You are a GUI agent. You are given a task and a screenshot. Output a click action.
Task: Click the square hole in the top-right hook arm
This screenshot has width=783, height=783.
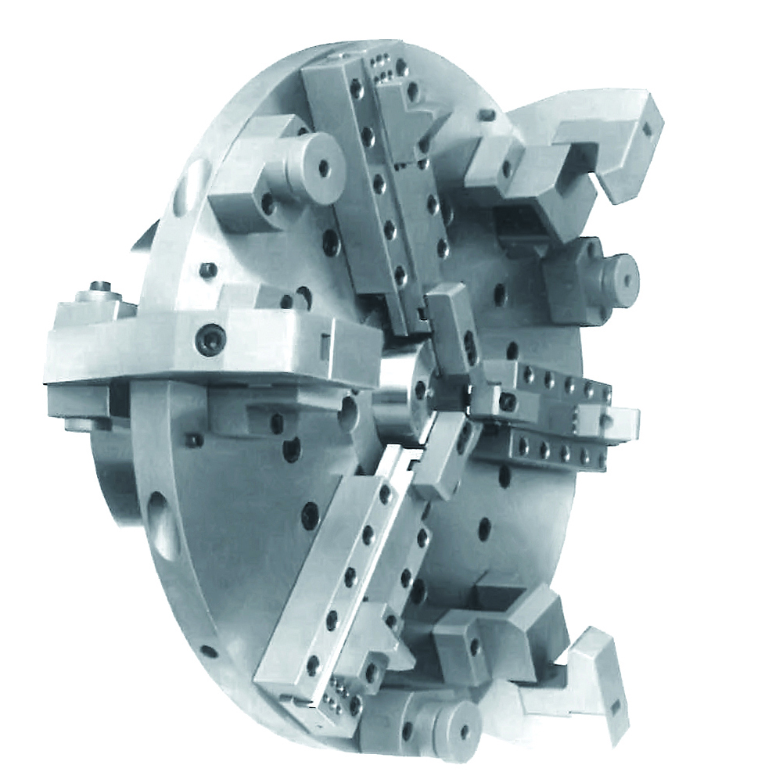coord(648,131)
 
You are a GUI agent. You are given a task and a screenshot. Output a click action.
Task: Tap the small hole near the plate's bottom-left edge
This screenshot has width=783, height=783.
coord(206,650)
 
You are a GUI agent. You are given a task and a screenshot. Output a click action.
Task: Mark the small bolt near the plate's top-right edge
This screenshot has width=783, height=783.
coord(489,116)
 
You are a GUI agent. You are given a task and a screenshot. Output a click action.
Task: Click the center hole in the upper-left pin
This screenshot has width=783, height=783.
coord(324,167)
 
